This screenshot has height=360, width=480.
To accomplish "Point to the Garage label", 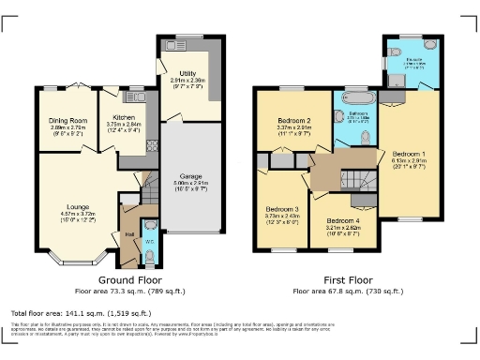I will click(x=190, y=175).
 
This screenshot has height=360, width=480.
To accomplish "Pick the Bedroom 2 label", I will click(x=294, y=121).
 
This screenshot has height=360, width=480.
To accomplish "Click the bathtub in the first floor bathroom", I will click(x=356, y=98).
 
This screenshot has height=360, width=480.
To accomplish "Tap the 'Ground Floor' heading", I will click(x=129, y=279).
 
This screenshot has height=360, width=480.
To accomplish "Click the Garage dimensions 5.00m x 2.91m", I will click(x=190, y=184).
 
